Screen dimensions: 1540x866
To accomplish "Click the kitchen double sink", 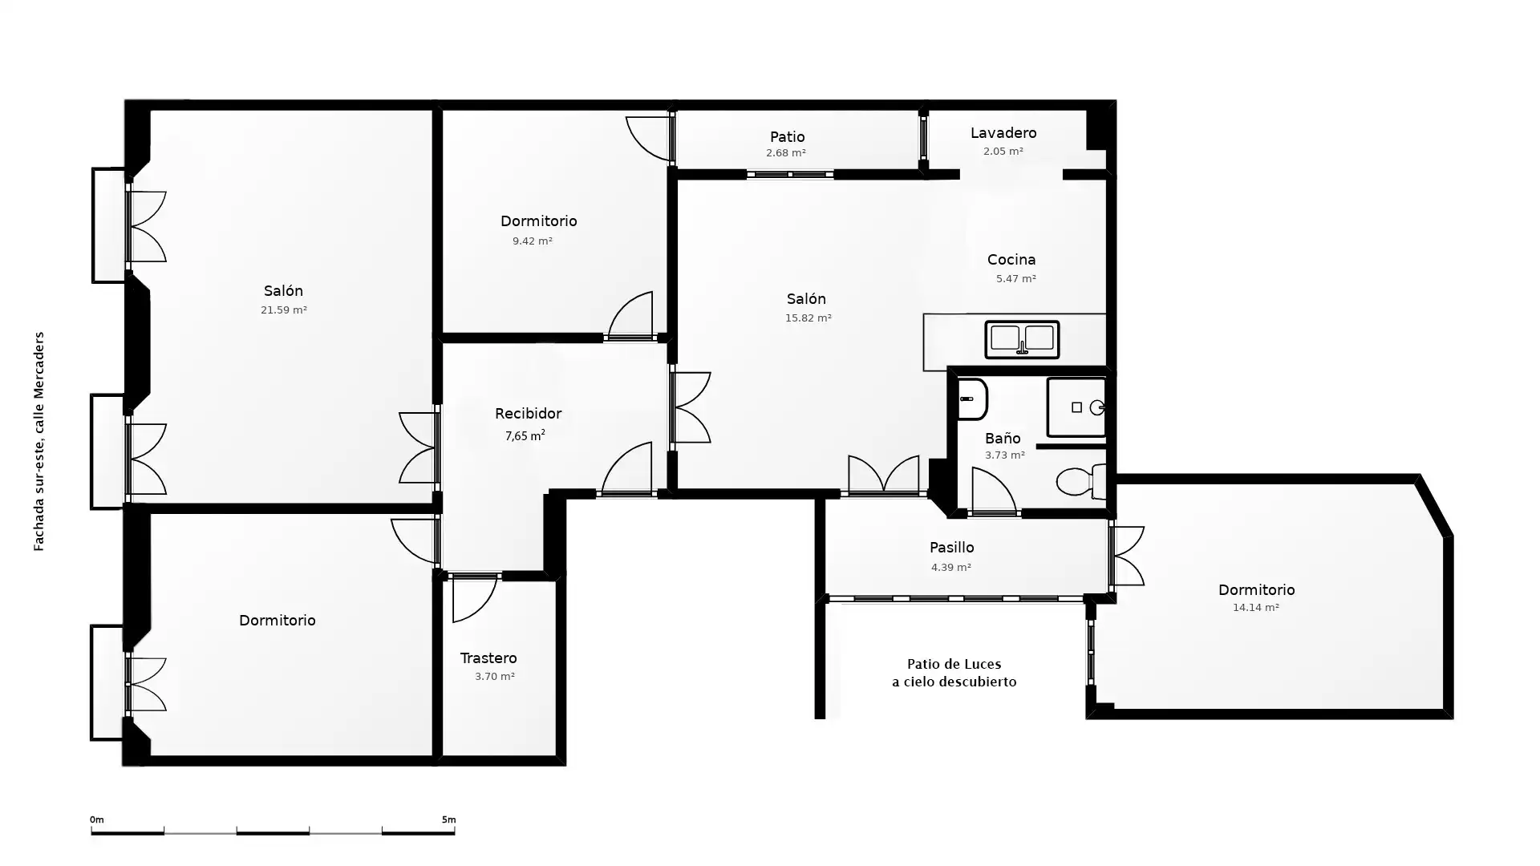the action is [x=1022, y=338].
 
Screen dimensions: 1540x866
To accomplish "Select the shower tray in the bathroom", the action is [x=1076, y=407].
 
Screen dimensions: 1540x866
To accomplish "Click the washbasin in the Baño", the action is [x=972, y=399].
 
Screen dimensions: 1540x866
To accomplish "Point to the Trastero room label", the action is [x=488, y=658].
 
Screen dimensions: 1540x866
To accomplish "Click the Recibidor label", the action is [x=528, y=414].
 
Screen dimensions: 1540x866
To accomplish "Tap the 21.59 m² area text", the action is [x=284, y=310].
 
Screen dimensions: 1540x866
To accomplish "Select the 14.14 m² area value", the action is [x=1256, y=608].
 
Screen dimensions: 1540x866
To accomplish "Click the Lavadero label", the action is [x=1003, y=133].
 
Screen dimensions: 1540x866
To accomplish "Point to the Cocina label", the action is [x=1011, y=260].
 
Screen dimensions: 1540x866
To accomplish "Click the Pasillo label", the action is [x=952, y=548].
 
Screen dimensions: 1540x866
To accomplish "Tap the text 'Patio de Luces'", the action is [x=954, y=664].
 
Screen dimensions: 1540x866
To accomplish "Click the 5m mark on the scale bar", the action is [x=448, y=819].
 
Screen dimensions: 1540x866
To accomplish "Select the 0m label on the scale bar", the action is [x=97, y=819].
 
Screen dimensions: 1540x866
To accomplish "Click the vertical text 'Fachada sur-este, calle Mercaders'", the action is [x=38, y=442].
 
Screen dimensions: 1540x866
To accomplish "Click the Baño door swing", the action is [x=994, y=490].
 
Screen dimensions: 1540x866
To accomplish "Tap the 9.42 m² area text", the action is [x=533, y=241].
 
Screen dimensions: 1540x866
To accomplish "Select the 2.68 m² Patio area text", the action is [x=786, y=153].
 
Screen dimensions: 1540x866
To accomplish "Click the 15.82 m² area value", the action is [x=808, y=318].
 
